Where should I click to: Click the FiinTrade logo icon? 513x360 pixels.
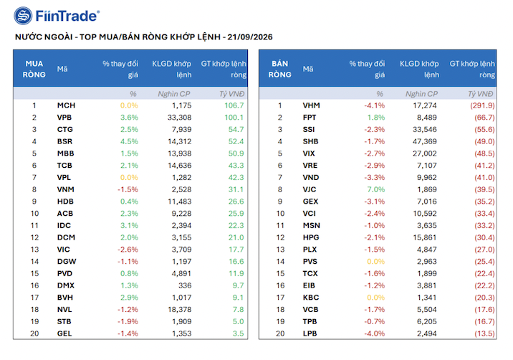pos(23,16)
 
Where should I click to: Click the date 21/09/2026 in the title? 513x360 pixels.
pos(250,37)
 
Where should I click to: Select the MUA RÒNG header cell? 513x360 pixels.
pos(34,69)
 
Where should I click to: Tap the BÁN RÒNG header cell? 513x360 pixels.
pos(279,69)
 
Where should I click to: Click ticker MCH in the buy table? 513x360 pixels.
pos(66,105)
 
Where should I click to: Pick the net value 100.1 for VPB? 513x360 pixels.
pos(234,118)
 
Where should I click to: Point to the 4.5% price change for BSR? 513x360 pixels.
pos(129,141)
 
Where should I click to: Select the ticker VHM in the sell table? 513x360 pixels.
pos(312,105)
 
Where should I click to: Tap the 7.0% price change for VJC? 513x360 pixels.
pos(375,189)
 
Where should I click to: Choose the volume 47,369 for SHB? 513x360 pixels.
pos(425,141)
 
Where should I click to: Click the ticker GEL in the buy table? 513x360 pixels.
pos(64,333)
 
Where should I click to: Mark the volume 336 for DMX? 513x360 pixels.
pos(185,285)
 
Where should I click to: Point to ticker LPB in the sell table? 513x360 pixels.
pos(310,333)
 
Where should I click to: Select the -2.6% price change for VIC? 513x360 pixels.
pos(128,250)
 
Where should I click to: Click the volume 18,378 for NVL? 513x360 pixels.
pos(179,310)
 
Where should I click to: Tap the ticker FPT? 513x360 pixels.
pos(310,118)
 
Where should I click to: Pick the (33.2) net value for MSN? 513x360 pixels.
pos(484,225)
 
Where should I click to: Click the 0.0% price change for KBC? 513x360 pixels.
pos(375,298)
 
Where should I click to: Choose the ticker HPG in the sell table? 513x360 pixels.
pos(311,237)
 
